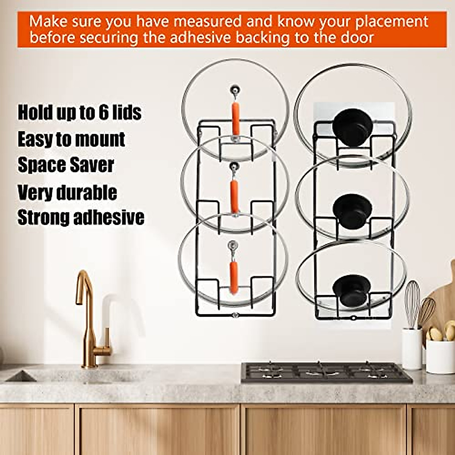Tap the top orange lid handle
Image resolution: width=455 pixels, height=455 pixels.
click(235, 118)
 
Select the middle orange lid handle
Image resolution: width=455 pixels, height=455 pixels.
click(235, 196)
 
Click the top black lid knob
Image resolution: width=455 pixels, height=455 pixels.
click(351, 127)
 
